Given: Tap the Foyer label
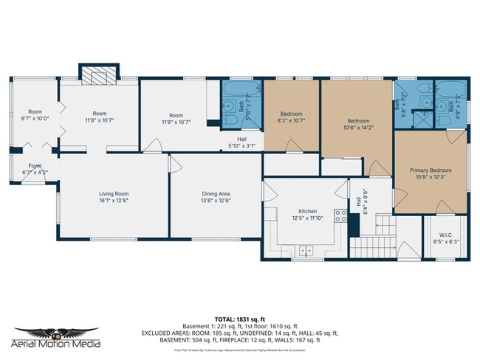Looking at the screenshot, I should [35, 169].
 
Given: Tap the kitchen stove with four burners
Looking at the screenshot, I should [341, 216].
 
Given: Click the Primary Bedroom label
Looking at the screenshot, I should [431, 174].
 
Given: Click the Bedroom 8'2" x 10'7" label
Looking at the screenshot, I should [292, 117].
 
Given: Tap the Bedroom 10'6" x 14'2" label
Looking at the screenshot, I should [357, 122].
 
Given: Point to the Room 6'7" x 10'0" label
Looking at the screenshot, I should [35, 114].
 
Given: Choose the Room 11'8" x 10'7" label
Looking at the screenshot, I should [98, 117].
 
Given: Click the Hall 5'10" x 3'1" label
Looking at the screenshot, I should [241, 142].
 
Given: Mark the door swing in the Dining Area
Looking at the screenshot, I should [176, 164].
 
